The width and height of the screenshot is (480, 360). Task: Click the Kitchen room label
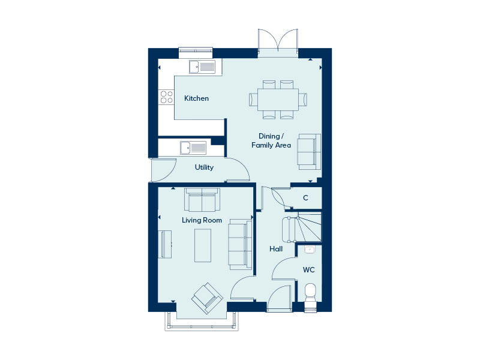[x=196, y=98]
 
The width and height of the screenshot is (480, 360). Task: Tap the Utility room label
[x=204, y=167]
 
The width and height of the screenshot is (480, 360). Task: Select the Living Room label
[x=202, y=220]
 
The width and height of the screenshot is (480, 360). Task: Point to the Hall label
[x=276, y=249]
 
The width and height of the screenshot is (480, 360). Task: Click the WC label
[x=308, y=269]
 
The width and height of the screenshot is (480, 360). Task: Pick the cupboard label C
[x=305, y=198]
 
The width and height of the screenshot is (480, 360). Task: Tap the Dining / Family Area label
[x=271, y=140]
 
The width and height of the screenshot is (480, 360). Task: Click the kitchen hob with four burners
[x=166, y=97]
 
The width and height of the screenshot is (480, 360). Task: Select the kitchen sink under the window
[x=202, y=67]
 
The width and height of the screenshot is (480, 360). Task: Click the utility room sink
[x=193, y=148]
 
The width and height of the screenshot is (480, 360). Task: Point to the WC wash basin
[x=310, y=250]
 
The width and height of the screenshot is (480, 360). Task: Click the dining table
[x=278, y=100]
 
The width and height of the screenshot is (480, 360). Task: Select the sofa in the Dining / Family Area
[x=309, y=152]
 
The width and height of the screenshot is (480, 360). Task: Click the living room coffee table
[x=203, y=245]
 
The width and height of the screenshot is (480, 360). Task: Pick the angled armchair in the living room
[x=207, y=298]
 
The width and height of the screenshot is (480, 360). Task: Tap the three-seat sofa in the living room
[x=240, y=244]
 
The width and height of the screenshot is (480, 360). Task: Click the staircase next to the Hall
[x=302, y=228]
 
